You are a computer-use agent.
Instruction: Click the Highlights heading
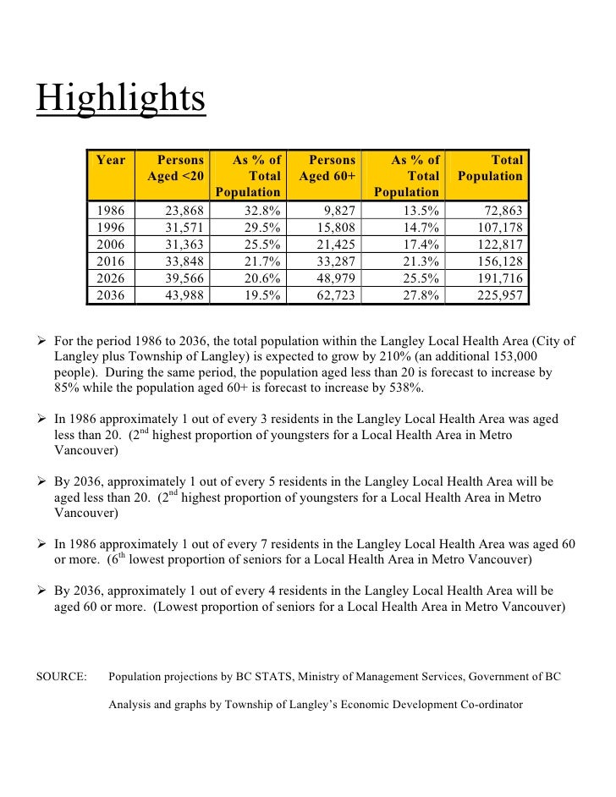click(120, 99)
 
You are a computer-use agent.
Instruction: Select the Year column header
click(111, 160)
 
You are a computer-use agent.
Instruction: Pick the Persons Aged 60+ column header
click(327, 168)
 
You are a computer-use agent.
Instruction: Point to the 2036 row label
click(110, 295)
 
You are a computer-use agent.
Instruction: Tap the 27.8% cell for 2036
click(420, 295)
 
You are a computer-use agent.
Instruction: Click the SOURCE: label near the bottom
click(62, 677)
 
